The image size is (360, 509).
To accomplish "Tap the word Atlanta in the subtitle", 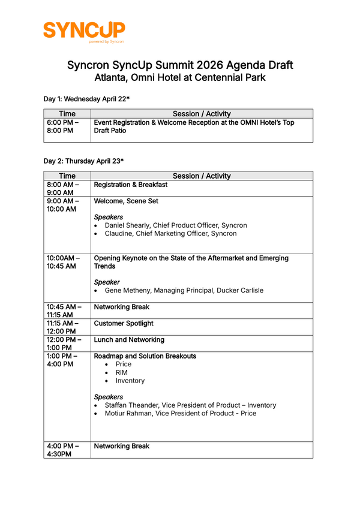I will click(116, 77).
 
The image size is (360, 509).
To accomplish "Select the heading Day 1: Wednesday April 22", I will click(86, 98).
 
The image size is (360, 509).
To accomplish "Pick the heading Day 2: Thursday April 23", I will click(83, 161).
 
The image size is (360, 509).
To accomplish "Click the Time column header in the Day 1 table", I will click(67, 113).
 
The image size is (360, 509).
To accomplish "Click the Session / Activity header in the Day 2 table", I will click(202, 176).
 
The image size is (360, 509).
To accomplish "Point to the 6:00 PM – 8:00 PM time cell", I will click(63, 127).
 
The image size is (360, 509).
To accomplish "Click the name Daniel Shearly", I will click(128, 225).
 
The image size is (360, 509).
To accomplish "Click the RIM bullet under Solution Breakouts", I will click(122, 372).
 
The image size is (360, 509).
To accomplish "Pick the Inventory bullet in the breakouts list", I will click(130, 381).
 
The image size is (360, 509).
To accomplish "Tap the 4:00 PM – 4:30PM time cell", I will click(64, 450).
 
